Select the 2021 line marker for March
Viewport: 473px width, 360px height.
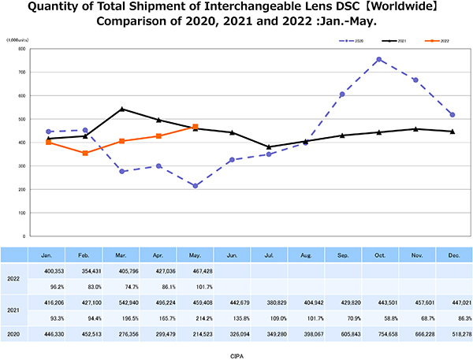coord(121,109)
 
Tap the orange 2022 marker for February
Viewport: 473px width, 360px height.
coord(85,153)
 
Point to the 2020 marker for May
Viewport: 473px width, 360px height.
coord(196,186)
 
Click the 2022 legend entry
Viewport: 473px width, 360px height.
coord(436,39)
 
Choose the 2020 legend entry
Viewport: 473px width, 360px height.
coord(357,39)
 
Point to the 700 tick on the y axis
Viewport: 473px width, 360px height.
coord(23,72)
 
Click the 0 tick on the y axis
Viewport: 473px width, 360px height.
coord(26,236)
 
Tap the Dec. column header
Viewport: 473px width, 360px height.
coord(453,255)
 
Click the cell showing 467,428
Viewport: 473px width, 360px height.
coord(196,269)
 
